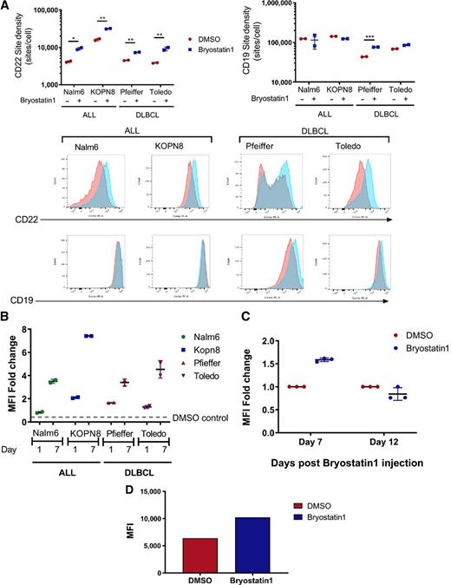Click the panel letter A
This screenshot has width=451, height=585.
click(7, 7)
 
